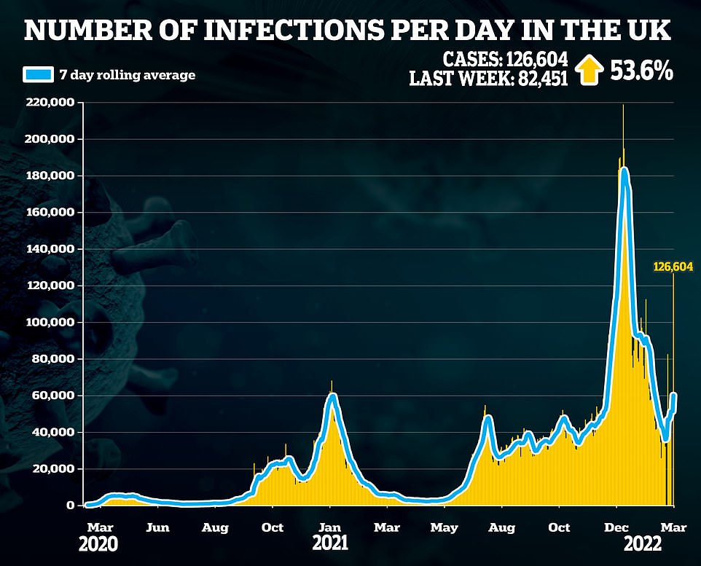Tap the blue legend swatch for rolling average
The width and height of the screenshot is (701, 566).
[x=38, y=75]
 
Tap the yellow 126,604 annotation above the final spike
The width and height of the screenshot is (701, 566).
[x=673, y=267]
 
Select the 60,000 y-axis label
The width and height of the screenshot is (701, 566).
[x=56, y=396]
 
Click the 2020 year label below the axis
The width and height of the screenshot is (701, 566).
[x=100, y=543]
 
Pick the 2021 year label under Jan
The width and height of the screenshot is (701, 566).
[x=330, y=543]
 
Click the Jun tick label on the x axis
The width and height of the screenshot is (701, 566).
[x=158, y=527]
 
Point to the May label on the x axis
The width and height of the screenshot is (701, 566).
[x=444, y=527]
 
